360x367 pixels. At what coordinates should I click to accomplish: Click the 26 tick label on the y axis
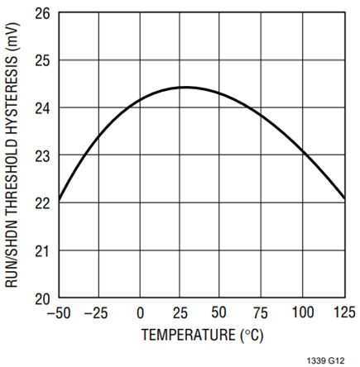tap(42, 13)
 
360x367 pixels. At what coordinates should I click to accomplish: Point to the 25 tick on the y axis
tap(42, 60)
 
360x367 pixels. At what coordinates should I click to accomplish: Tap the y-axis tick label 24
tap(42, 108)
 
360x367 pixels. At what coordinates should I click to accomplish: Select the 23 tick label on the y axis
tap(42, 156)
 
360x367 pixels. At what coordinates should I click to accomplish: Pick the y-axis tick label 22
tap(42, 203)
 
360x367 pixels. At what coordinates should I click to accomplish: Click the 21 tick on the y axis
tap(42, 251)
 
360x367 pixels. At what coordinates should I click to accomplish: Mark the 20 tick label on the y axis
tap(42, 299)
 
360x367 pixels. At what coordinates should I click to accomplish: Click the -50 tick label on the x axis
tap(59, 313)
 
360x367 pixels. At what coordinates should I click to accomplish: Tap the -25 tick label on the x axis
tap(96, 313)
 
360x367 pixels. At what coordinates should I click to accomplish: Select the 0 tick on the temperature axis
tap(140, 313)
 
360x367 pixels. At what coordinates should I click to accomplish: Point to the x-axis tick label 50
tap(219, 312)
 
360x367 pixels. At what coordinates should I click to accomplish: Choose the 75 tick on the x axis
tap(260, 313)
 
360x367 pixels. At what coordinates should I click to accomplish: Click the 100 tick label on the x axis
tap(303, 312)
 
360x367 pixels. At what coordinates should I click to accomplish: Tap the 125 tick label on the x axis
tap(344, 312)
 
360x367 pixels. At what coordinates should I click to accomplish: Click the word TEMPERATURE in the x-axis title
tap(189, 335)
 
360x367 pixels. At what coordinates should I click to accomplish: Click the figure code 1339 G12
tap(326, 360)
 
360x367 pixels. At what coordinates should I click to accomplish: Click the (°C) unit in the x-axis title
tap(252, 336)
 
